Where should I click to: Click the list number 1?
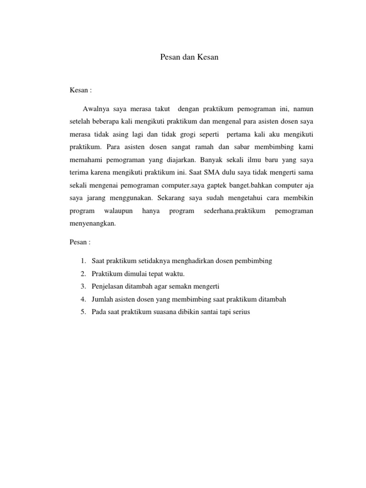82,261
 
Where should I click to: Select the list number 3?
82,286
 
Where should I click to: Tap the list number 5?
82,312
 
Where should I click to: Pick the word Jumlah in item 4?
102,299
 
